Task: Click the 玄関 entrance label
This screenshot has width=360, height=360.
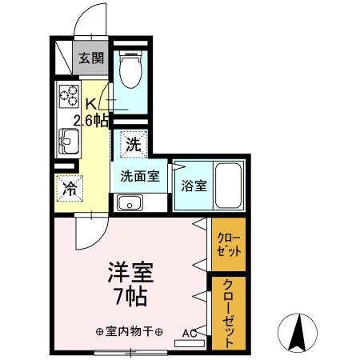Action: pyautogui.click(x=91, y=58)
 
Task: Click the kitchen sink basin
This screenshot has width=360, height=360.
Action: pyautogui.click(x=66, y=145)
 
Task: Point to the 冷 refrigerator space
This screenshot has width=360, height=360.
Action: pyautogui.click(x=70, y=189)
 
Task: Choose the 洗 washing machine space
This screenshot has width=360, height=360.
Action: pyautogui.click(x=133, y=145)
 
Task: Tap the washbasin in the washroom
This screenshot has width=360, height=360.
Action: pyautogui.click(x=128, y=202)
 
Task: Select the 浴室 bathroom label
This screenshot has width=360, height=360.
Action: pyautogui.click(x=194, y=186)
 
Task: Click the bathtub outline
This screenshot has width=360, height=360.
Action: pyautogui.click(x=229, y=185)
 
